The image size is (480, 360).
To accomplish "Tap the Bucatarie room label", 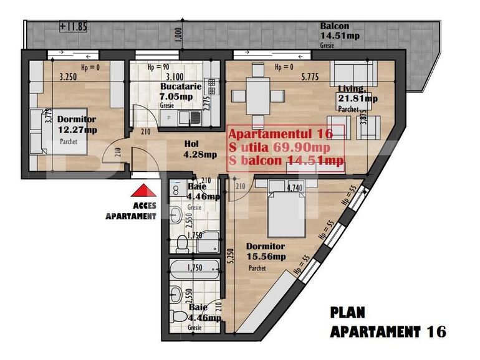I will pyautogui.click(x=180, y=87).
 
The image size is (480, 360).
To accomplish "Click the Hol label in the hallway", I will pyautogui.click(x=191, y=144).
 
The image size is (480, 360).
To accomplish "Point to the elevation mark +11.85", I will pyautogui.click(x=74, y=26).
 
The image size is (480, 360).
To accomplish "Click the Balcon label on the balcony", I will pyautogui.click(x=334, y=26).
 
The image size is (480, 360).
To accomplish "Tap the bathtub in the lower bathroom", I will pyautogui.click(x=194, y=272).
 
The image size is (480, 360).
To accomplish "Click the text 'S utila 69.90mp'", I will pyautogui.click(x=279, y=147).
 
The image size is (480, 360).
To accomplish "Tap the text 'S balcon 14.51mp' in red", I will pyautogui.click(x=286, y=161).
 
